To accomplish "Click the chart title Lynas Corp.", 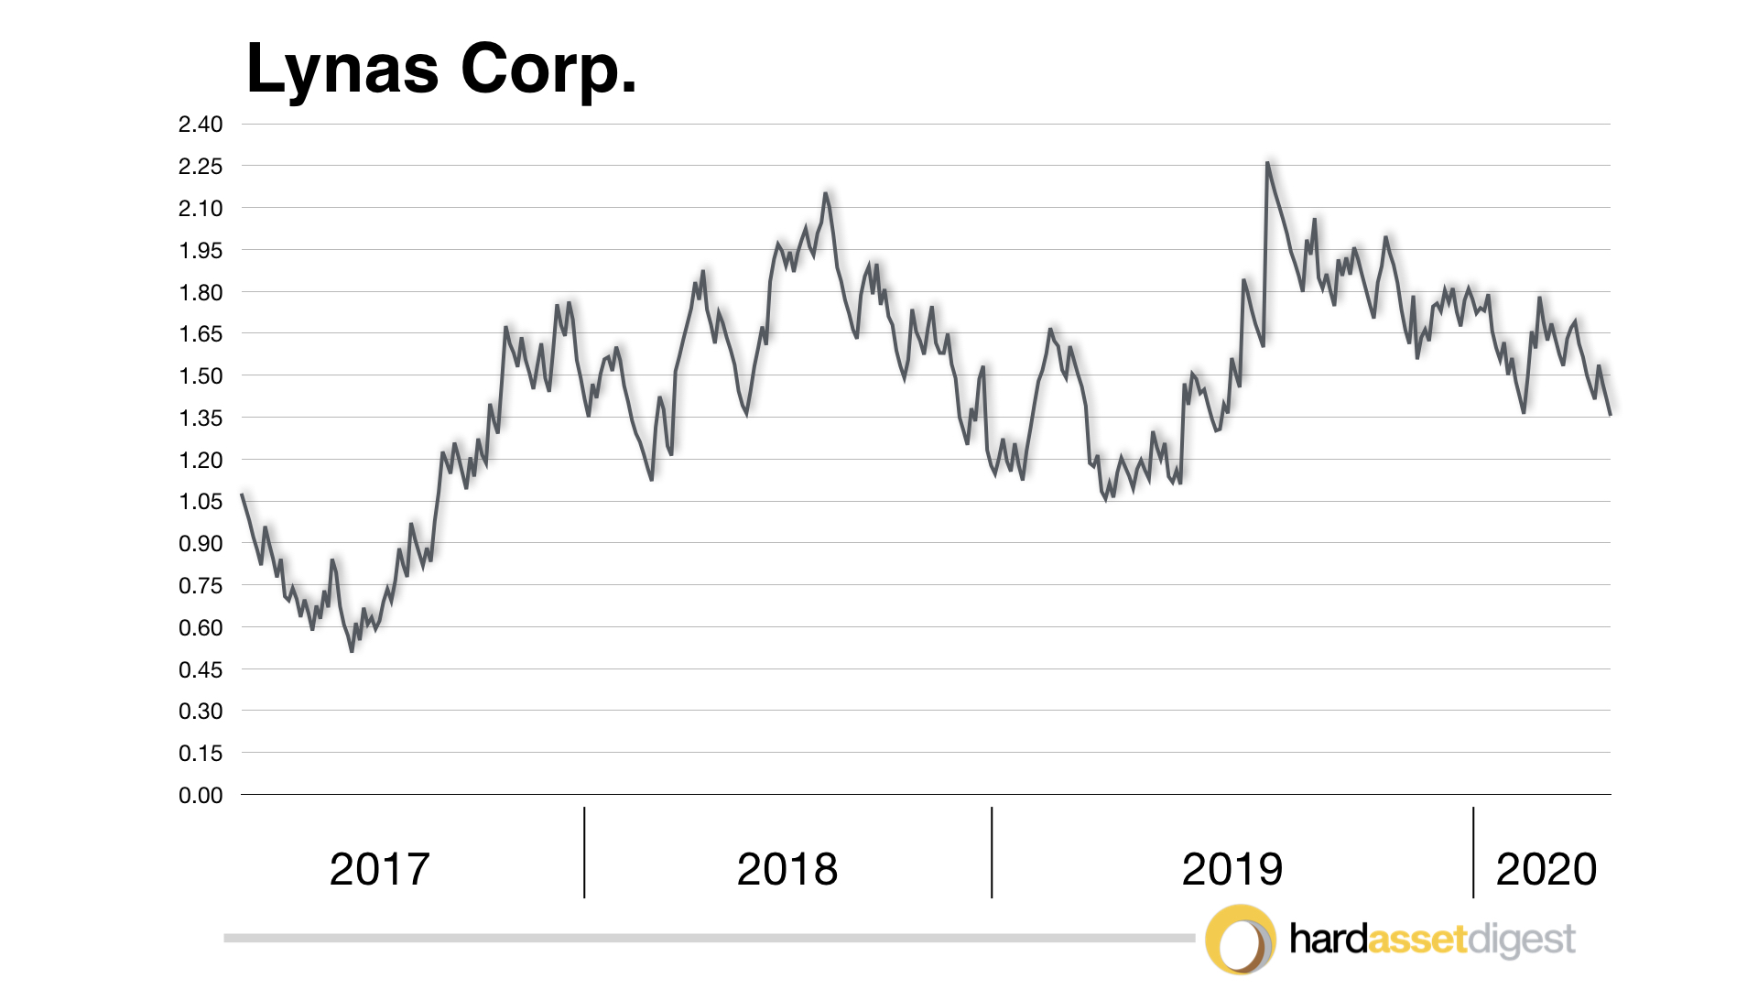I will [441, 70].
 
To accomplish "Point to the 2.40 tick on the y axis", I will [201, 125].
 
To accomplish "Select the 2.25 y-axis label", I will [201, 167].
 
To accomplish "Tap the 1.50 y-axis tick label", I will [201, 376].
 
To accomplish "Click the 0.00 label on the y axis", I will [201, 796].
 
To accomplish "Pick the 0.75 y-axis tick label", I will [201, 586].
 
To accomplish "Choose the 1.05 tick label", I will [201, 502].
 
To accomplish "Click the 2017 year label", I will [379, 869].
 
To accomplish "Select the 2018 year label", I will [787, 869].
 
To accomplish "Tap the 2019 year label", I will [1232, 869].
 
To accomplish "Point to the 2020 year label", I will [1546, 869].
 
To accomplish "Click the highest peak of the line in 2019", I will [1267, 163].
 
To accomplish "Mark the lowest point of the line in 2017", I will [352, 650].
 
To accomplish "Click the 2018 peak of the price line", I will [826, 193].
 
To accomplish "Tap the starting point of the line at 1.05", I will [242, 494].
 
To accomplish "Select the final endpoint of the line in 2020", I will [1610, 415].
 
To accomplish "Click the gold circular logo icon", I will [1241, 940].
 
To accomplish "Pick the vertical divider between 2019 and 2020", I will [1473, 852].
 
